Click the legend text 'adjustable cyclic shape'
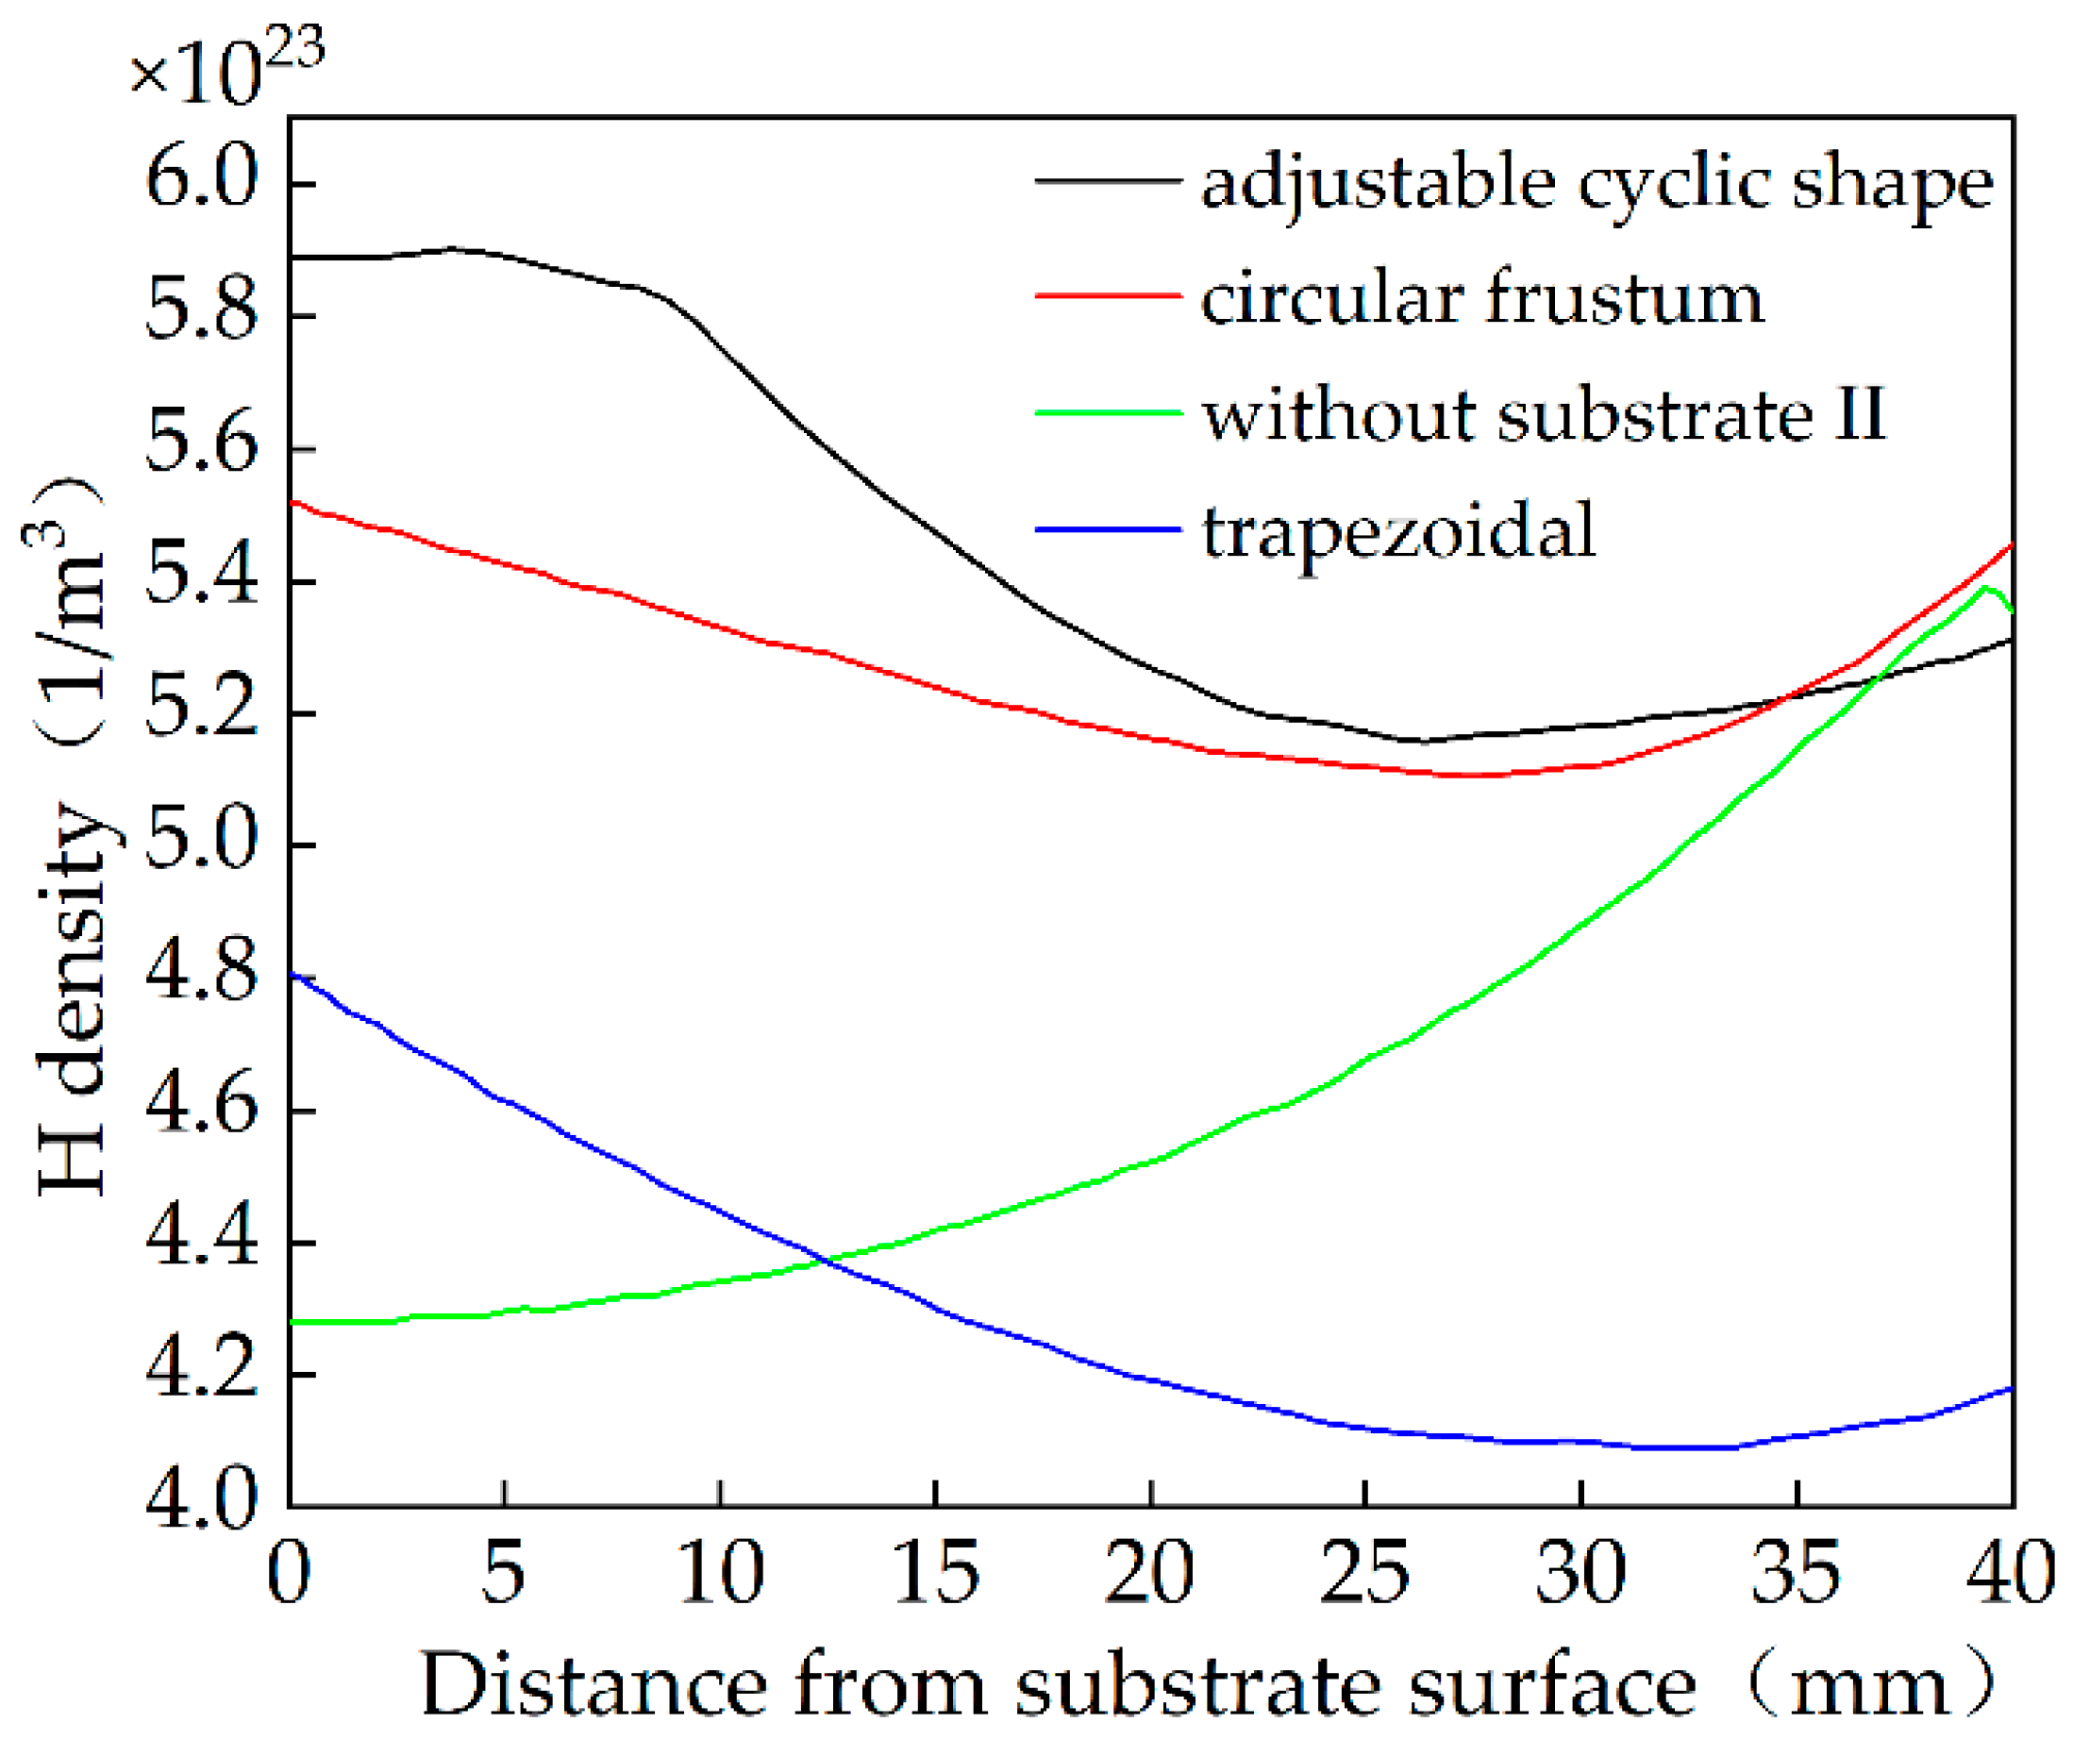pyautogui.click(x=1597, y=186)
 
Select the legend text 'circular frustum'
pyautogui.click(x=1480, y=299)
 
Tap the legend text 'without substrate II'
pyautogui.click(x=1543, y=415)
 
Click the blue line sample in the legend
pyautogui.click(x=1108, y=530)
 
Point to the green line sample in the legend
pyautogui.click(x=1108, y=413)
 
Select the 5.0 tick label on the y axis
pyautogui.click(x=201, y=846)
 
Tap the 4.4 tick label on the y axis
pyautogui.click(x=201, y=1244)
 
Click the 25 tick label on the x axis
pyautogui.click(x=1364, y=1574)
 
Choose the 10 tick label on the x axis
pyautogui.click(x=721, y=1574)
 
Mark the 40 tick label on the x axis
pyautogui.click(x=2010, y=1574)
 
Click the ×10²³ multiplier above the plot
pyautogui.click(x=227, y=67)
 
